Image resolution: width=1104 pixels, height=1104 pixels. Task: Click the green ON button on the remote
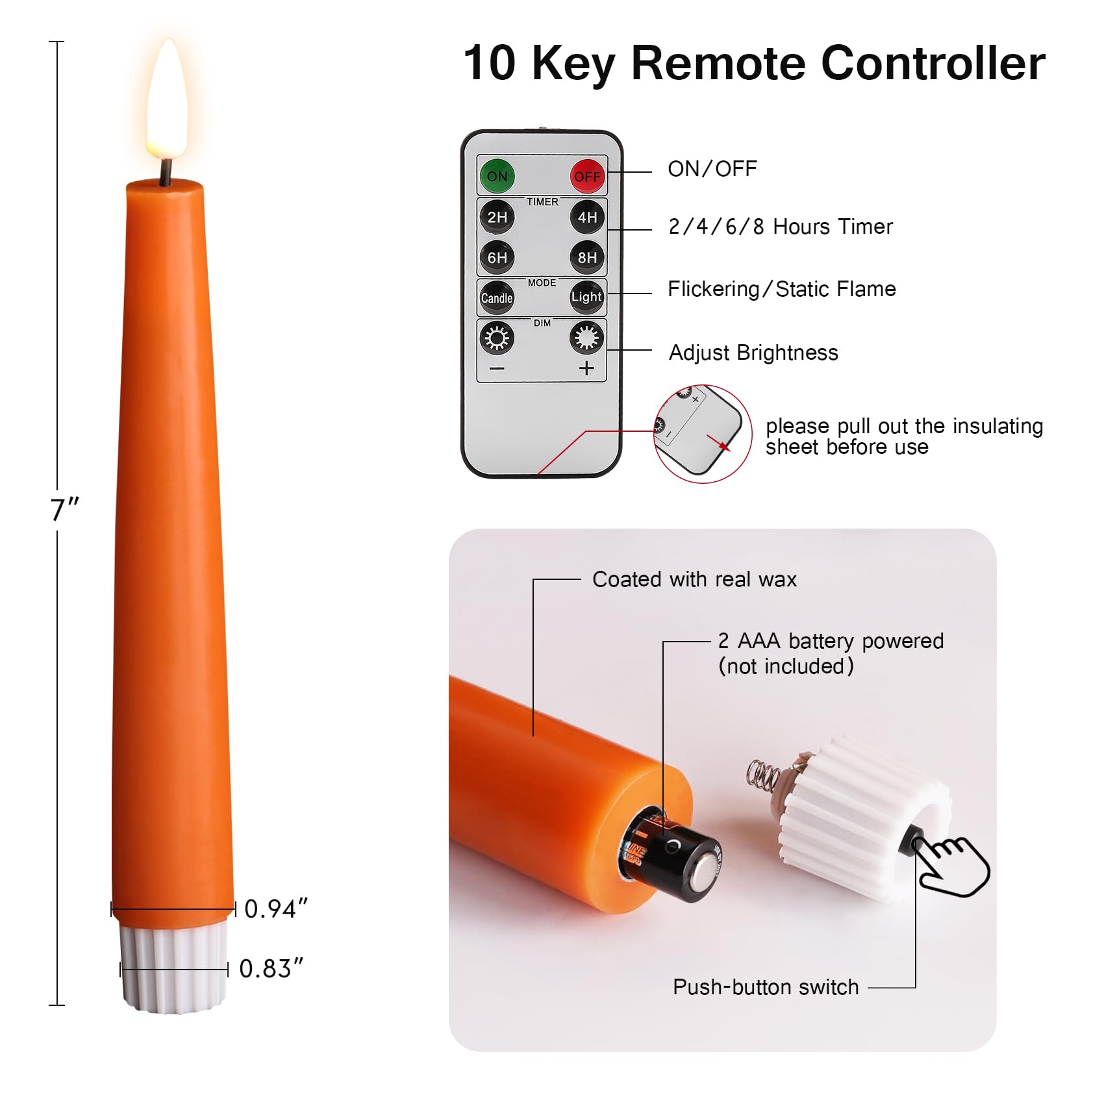click(497, 176)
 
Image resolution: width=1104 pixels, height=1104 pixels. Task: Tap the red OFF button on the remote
click(587, 176)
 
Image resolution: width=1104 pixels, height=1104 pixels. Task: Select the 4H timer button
click(587, 217)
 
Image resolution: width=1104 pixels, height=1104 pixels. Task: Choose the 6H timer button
click(497, 257)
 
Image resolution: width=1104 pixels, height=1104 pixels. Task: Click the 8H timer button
click(587, 257)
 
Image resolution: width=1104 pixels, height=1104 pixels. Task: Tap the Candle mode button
click(497, 298)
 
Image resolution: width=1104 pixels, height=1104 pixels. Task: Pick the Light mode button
click(587, 297)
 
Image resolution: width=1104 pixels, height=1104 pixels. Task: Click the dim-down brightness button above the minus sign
click(497, 338)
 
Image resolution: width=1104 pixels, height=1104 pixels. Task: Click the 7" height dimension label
click(64, 510)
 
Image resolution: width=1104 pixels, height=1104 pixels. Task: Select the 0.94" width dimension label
click(275, 909)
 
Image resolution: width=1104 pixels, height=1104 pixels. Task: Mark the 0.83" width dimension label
click(271, 969)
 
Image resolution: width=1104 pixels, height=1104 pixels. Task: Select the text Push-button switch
click(766, 987)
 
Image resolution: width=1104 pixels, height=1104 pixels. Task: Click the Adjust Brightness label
click(753, 353)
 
